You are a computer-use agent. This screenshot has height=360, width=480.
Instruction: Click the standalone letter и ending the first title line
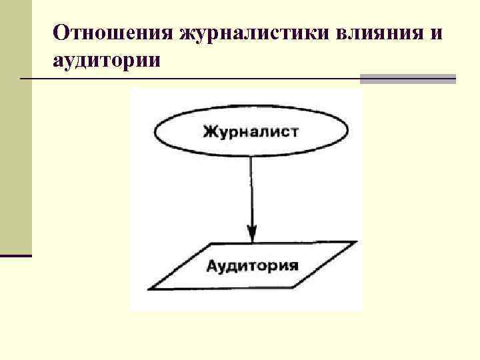click(435, 33)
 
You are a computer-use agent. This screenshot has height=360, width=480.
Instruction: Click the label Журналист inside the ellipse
click(251, 131)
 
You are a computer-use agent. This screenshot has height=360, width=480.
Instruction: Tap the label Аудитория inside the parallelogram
click(251, 266)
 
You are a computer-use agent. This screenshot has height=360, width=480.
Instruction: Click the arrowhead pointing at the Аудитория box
click(251, 233)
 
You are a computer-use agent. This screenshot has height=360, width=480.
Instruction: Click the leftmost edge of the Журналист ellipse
click(155, 132)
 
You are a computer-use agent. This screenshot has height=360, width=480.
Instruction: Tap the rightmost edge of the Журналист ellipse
click(348, 132)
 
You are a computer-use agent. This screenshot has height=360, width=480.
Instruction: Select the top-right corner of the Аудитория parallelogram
click(355, 242)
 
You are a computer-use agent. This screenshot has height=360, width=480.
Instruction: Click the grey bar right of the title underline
click(407, 79)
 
